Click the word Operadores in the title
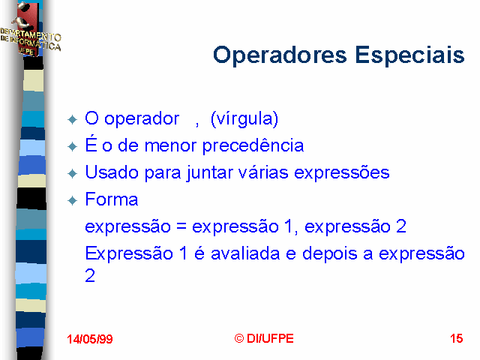[x=280, y=55]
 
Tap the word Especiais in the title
[x=410, y=55]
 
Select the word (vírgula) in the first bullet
[x=244, y=118]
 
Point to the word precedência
[x=253, y=145]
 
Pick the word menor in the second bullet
[x=170, y=145]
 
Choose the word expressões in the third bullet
[x=342, y=172]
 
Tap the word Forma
[x=112, y=199]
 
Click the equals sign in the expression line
[x=181, y=226]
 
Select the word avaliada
[x=245, y=253]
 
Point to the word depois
[x=330, y=254]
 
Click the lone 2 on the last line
[x=90, y=275]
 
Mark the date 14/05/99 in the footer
[x=90, y=339]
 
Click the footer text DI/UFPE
[x=270, y=338]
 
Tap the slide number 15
[x=457, y=338]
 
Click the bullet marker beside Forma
[x=72, y=201]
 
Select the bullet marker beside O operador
[x=72, y=119]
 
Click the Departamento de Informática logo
[x=30, y=31]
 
